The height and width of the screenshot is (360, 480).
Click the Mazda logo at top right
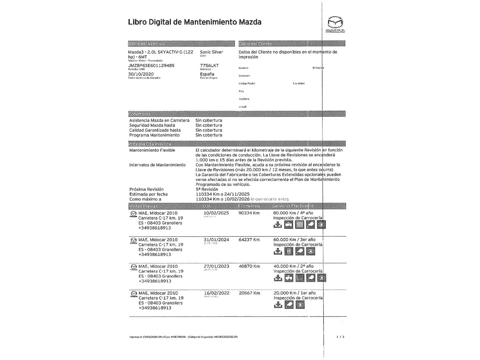tap(335, 24)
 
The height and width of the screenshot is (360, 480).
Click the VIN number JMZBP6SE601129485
tap(151, 66)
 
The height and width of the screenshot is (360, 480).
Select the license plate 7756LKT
tap(209, 66)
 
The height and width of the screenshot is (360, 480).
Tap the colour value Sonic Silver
tap(211, 52)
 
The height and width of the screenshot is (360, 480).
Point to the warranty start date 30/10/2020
tap(141, 74)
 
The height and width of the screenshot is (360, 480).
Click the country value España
tap(207, 74)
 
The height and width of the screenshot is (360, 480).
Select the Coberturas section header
tap(139, 114)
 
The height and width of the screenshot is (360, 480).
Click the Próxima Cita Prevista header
tap(150, 144)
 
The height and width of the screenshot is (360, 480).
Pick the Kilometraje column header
tap(249, 206)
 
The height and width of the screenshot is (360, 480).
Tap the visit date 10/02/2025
tap(216, 213)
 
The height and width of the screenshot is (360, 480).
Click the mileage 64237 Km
tap(249, 240)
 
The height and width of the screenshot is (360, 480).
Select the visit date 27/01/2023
tap(216, 266)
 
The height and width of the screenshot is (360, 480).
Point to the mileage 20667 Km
tap(249, 293)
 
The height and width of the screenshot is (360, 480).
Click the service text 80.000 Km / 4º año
tap(293, 213)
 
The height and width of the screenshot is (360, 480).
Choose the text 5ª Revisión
tap(207, 189)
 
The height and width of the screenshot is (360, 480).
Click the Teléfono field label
tap(244, 99)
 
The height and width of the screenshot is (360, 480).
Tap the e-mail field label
tap(242, 107)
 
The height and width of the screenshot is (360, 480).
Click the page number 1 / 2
tap(340, 337)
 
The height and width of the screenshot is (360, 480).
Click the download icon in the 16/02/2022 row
tap(278, 305)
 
